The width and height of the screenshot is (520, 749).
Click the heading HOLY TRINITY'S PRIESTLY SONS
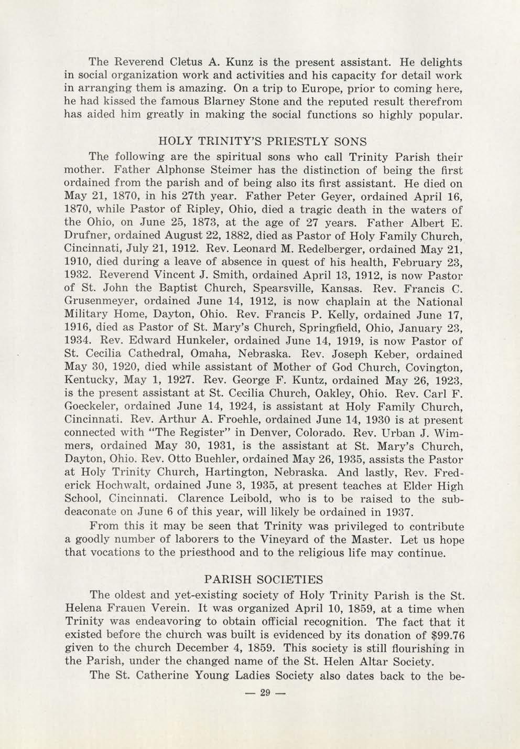[262, 142]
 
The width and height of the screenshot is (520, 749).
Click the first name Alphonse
[172, 170]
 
